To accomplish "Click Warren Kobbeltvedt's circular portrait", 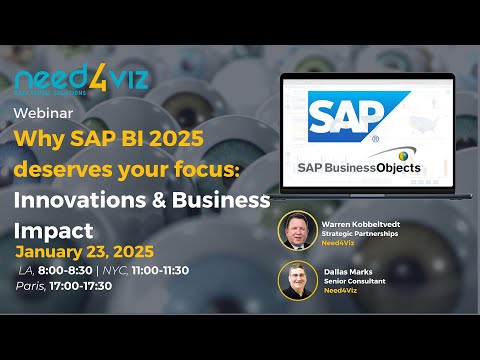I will (296, 228).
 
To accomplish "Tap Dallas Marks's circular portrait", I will (297, 277).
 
